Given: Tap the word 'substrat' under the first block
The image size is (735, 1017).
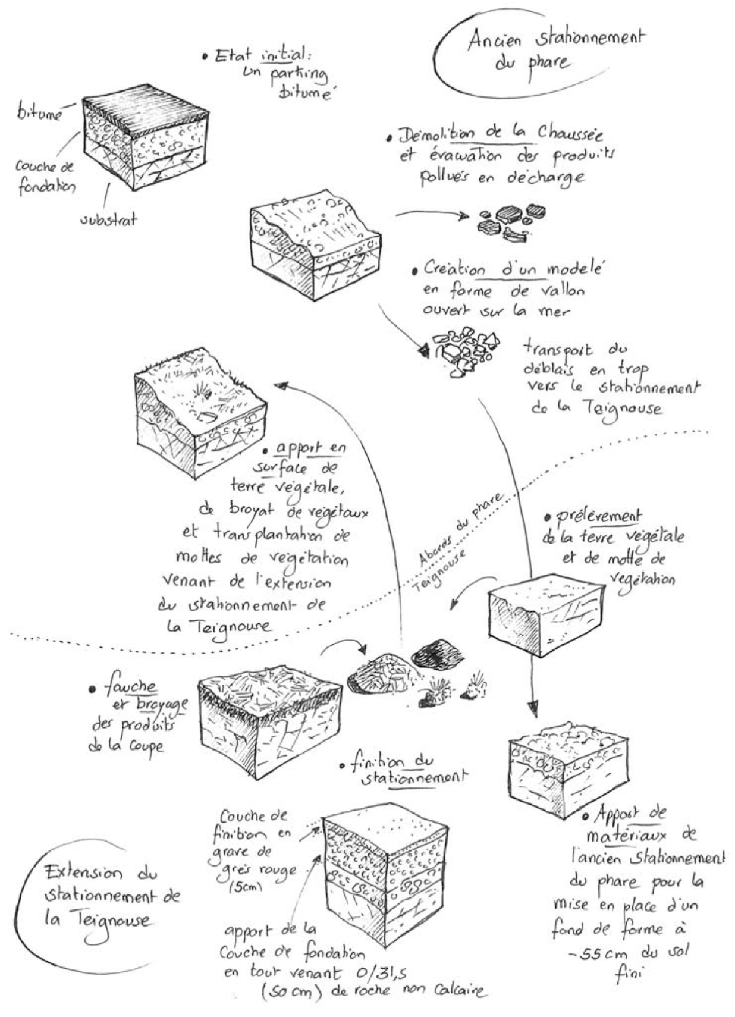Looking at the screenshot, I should click(108, 219).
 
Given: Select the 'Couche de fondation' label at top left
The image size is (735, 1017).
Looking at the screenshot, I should click(45, 177).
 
